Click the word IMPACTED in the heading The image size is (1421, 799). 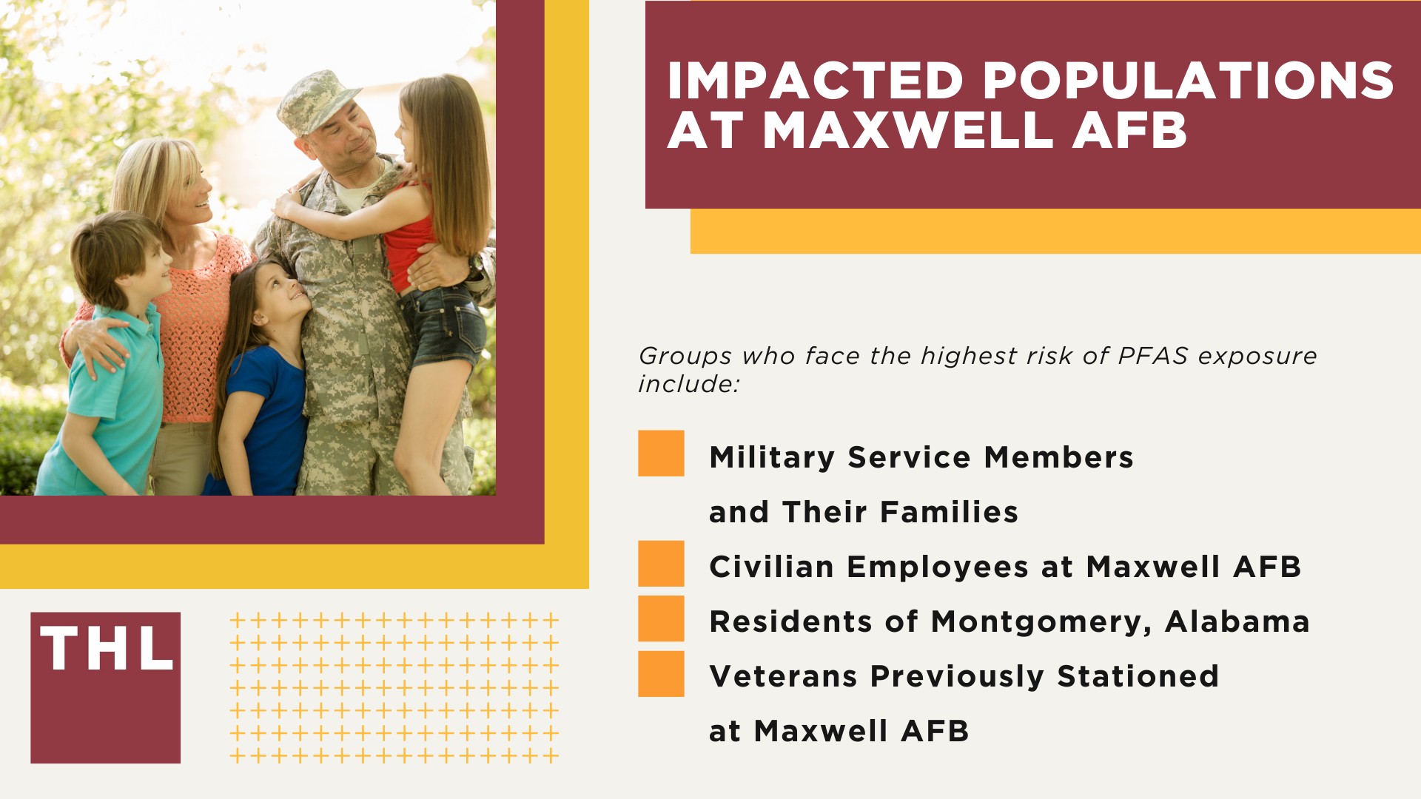(815, 81)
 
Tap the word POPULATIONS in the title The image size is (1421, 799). (1189, 81)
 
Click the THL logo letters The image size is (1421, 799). (107, 650)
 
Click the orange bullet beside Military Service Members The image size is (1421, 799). (661, 454)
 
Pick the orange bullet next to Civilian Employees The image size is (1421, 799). (661, 564)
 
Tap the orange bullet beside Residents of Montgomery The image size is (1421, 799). (661, 618)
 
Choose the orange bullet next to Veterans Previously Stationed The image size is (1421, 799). (661, 674)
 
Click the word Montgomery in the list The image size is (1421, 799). (1041, 622)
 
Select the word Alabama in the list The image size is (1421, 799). (1237, 621)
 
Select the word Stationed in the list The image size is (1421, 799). (1138, 676)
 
